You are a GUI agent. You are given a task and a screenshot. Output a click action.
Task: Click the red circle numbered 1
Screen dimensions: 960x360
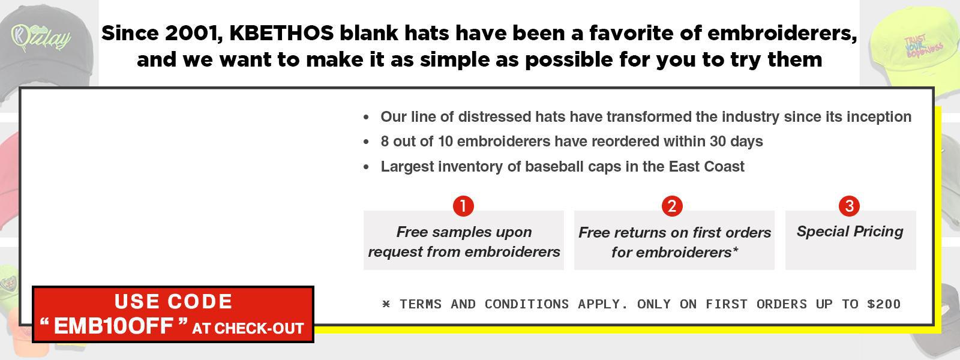click(463, 206)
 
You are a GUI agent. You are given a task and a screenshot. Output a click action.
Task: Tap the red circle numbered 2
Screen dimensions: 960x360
click(672, 206)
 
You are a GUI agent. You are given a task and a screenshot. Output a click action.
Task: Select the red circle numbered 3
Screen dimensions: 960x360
click(850, 206)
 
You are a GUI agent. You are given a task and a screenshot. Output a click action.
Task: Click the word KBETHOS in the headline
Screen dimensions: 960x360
click(281, 34)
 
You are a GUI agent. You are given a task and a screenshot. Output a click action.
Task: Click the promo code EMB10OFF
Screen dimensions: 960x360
click(113, 326)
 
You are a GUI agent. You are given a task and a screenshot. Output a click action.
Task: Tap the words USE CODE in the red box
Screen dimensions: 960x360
click(173, 302)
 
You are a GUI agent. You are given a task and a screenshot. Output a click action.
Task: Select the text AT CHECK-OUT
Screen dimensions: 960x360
click(248, 329)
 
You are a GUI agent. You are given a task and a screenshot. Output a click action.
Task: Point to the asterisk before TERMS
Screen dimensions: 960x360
click(386, 304)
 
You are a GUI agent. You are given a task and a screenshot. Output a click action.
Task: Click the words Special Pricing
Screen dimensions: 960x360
click(850, 232)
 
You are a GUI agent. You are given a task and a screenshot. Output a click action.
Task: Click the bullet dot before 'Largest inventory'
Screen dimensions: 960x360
click(366, 167)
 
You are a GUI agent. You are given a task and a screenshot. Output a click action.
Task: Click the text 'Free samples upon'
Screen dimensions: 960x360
click(464, 232)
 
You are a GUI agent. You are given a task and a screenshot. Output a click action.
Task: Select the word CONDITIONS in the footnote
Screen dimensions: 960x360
click(527, 304)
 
